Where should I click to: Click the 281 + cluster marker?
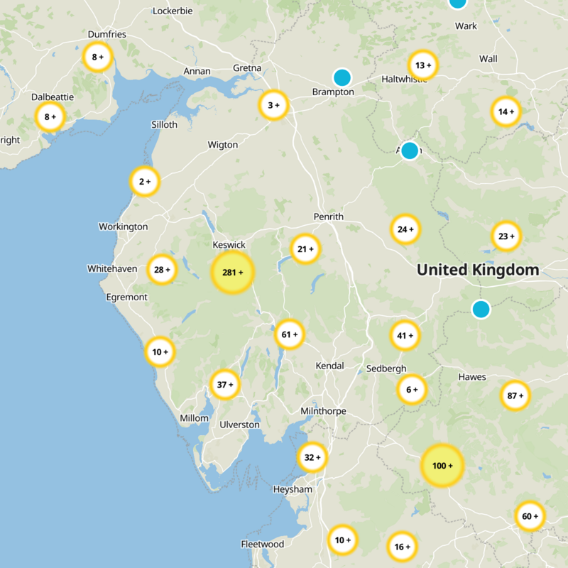[x=232, y=273]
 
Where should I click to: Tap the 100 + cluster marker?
[x=442, y=466]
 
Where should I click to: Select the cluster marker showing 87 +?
[x=515, y=395]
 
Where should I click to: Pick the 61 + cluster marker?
[x=290, y=334]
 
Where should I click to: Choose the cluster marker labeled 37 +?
[x=225, y=385]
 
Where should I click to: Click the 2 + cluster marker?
[x=145, y=182]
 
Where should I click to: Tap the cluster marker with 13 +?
[x=424, y=66]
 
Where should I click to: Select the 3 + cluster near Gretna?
[x=273, y=106]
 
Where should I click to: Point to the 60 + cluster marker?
[x=530, y=516]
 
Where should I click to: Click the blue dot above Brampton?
[x=342, y=77]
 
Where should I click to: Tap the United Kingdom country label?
[x=478, y=270]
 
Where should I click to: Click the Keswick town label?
[x=229, y=245]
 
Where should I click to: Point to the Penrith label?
[x=328, y=217]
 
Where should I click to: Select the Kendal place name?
[x=329, y=366]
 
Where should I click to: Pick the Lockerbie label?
[x=174, y=11]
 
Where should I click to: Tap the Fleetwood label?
[x=263, y=545]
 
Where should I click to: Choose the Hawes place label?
[x=472, y=377]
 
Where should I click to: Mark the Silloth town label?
[x=165, y=124]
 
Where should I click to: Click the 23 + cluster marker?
[x=506, y=236]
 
